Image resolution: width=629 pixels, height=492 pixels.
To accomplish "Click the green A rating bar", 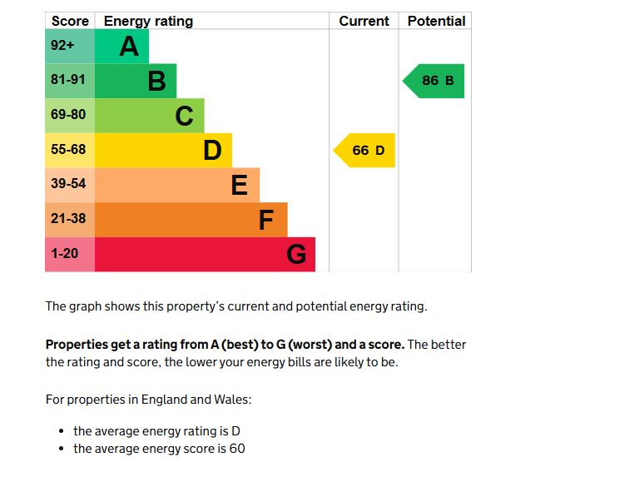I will click(121, 47).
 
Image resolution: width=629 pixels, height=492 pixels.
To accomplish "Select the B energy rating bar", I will click(136, 81).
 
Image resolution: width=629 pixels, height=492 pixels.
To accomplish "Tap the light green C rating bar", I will click(150, 116).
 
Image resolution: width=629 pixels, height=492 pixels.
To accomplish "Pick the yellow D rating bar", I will click(163, 150).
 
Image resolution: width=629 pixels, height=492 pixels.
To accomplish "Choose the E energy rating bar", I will click(177, 185).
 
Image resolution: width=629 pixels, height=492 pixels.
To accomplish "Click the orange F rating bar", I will click(191, 220).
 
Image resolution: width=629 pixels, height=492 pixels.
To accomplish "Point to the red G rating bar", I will click(205, 254).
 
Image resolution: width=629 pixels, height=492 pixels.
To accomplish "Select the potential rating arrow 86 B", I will click(435, 81).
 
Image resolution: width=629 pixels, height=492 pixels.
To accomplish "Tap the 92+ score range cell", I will click(69, 47).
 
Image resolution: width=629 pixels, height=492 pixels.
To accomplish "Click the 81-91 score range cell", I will click(69, 81).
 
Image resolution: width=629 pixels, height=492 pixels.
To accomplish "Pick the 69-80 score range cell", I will click(69, 116).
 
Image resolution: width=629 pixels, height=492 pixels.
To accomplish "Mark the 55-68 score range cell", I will click(69, 150).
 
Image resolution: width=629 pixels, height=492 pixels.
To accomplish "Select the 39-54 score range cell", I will click(69, 185).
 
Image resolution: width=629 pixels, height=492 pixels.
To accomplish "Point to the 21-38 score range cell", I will click(69, 220).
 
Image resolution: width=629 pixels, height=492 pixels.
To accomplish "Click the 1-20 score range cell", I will click(69, 254).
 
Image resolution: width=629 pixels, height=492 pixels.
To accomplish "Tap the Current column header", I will click(364, 21).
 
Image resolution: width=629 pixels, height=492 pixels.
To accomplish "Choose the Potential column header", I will click(436, 21).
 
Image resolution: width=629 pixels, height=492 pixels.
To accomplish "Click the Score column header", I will click(70, 21).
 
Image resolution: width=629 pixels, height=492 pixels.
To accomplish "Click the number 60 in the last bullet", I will click(237, 449).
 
